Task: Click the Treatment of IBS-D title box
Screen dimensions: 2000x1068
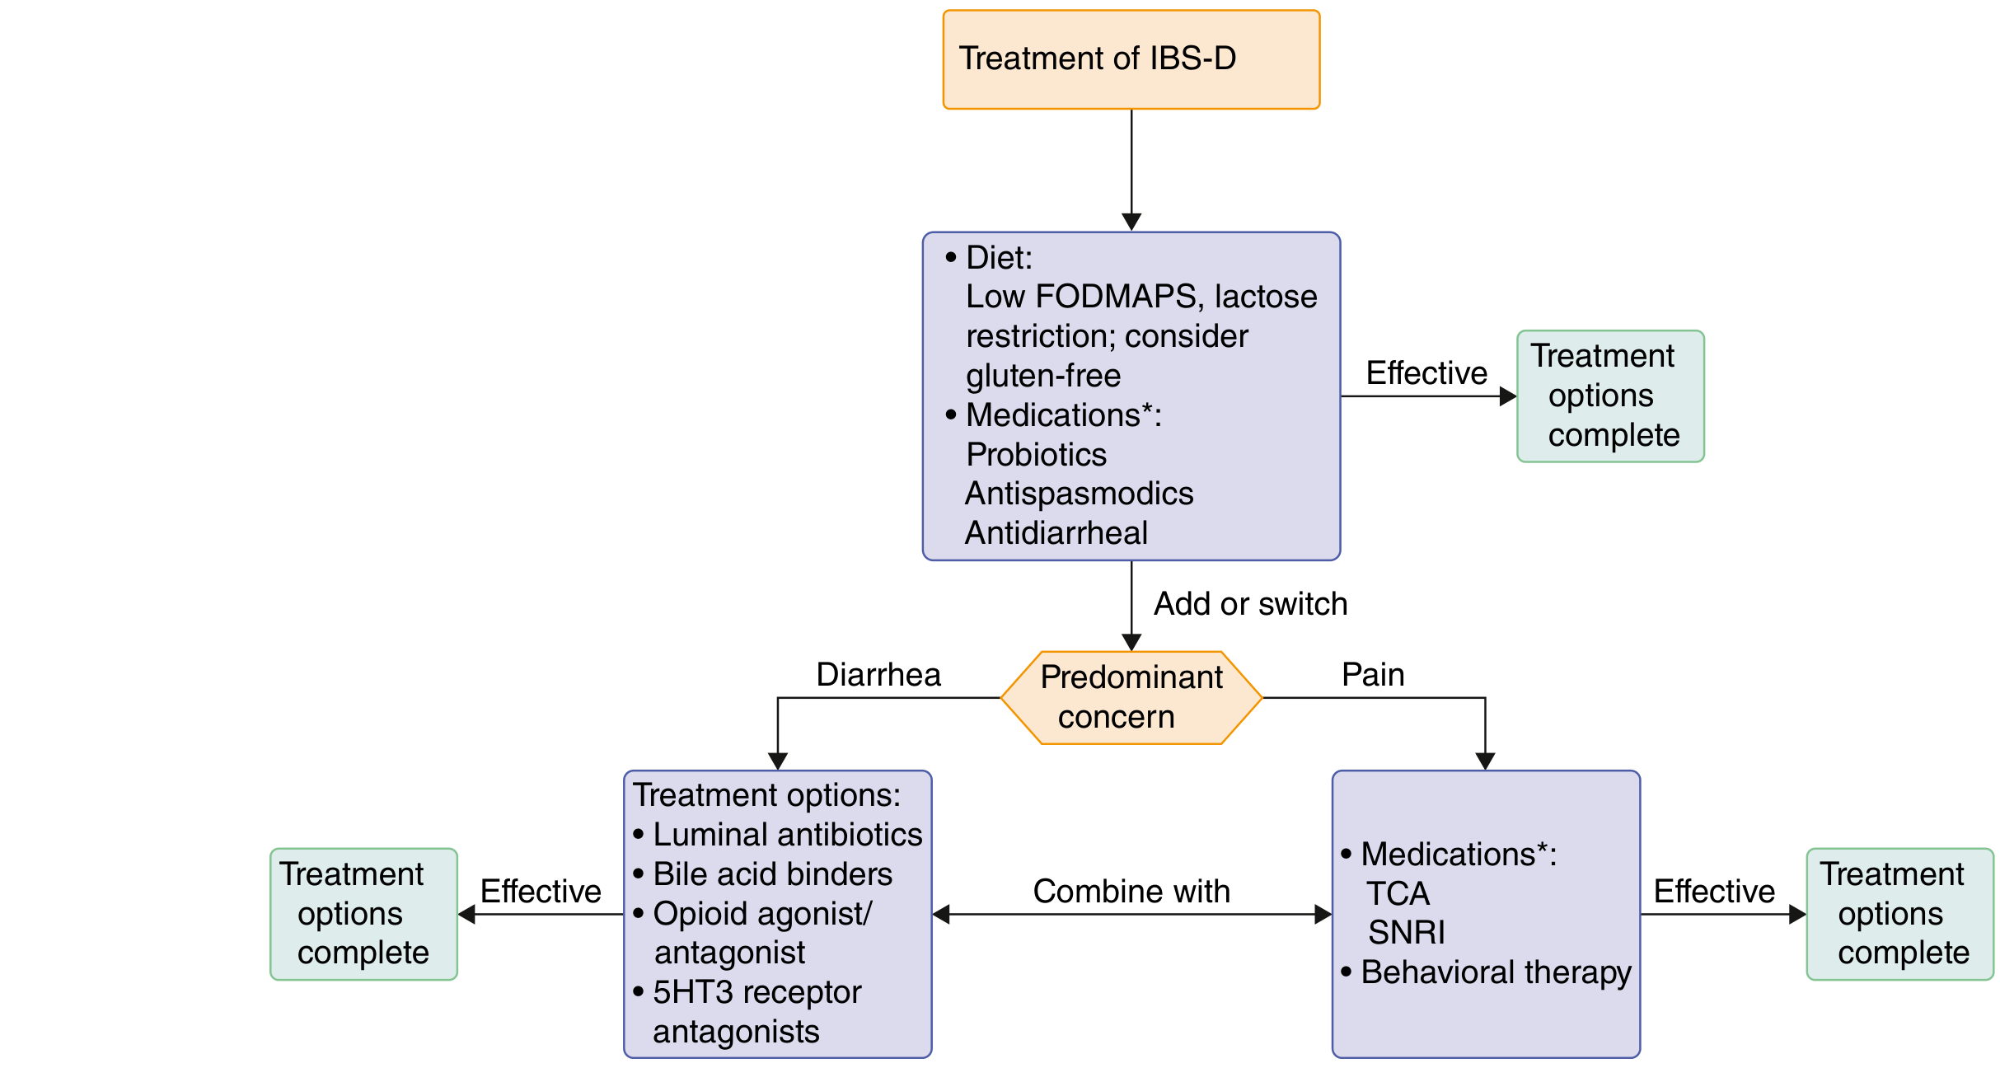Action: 1131,59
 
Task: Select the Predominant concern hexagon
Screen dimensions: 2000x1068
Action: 1131,698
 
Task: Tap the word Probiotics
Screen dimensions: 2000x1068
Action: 1036,455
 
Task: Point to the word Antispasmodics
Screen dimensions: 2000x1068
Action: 1079,494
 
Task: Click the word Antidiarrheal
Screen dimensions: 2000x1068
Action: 1056,533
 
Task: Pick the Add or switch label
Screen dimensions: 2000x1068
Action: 1250,604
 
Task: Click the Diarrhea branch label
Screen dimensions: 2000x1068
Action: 878,675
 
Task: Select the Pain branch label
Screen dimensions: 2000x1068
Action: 1373,675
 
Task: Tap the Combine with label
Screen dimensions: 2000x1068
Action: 1131,892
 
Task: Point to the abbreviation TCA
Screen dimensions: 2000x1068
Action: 1398,893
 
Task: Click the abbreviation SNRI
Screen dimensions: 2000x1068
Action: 1406,933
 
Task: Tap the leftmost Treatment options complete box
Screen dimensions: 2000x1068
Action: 363,914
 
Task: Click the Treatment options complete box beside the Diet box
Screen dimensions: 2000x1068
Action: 1610,396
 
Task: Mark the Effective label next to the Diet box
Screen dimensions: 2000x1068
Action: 1426,373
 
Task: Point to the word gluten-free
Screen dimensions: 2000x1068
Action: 1043,377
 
